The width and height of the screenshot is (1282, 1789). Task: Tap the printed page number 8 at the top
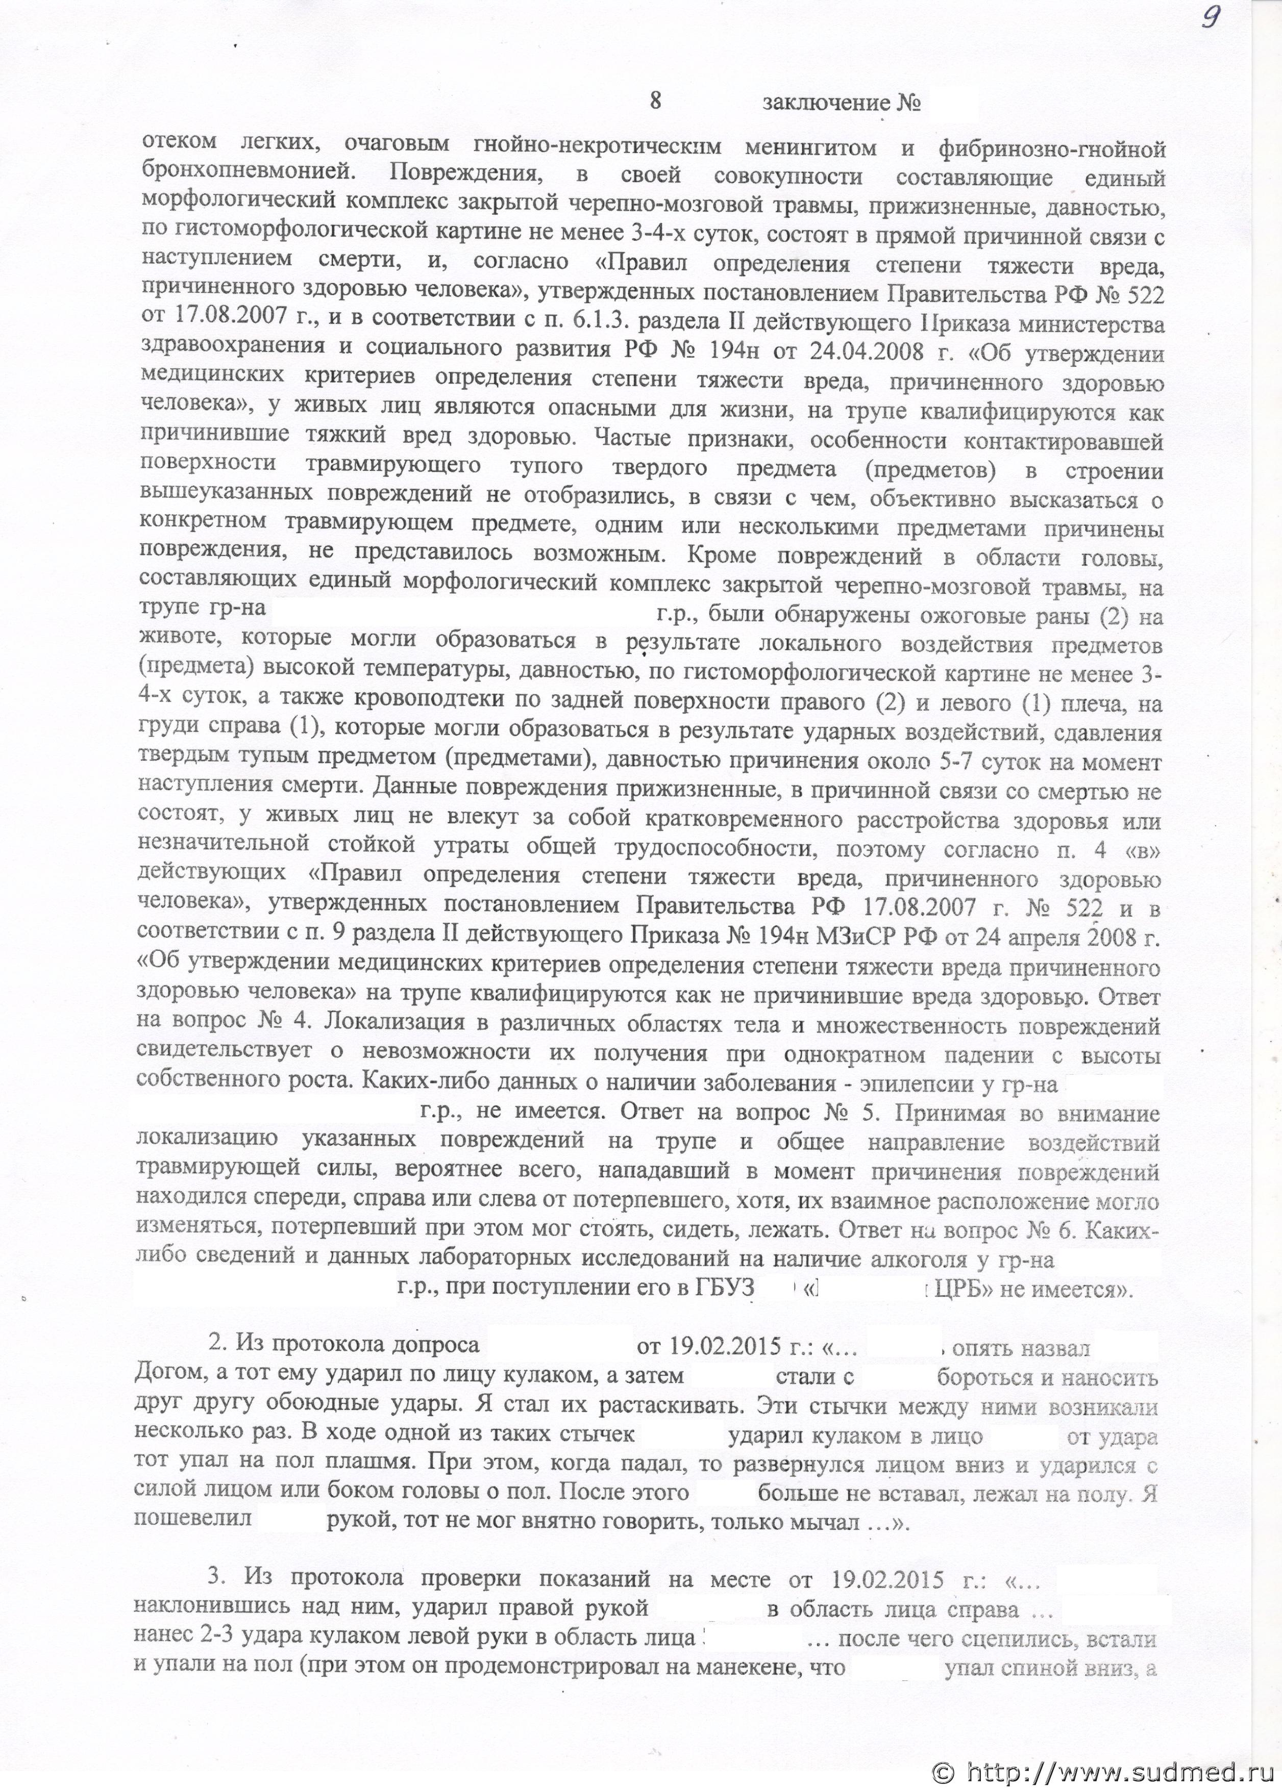point(655,102)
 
